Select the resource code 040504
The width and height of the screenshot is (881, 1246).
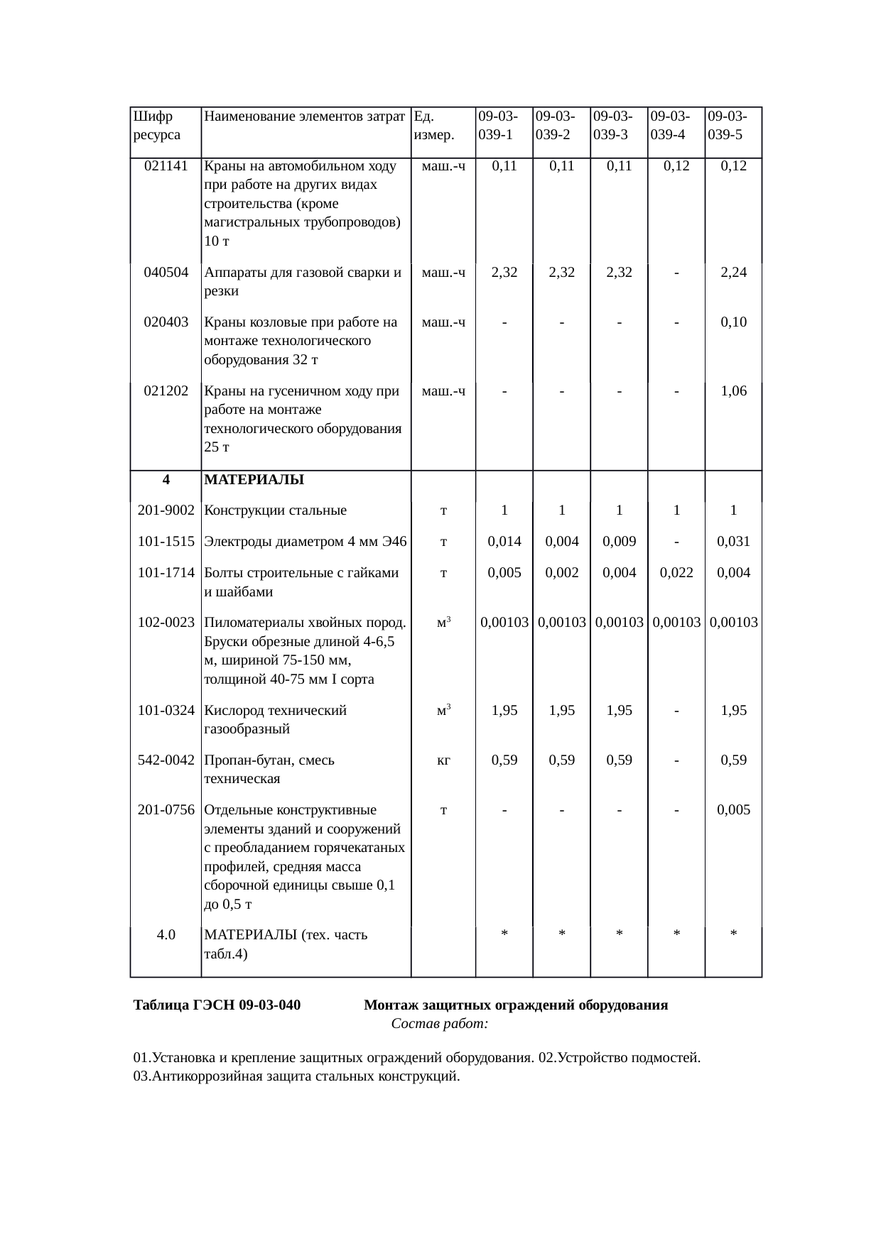click(166, 273)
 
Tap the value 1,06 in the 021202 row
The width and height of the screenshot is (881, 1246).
click(733, 391)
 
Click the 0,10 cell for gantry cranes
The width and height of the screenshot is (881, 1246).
click(733, 322)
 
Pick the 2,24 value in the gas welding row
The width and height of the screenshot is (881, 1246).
click(733, 273)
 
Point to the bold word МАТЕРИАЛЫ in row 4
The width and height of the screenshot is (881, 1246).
click(254, 480)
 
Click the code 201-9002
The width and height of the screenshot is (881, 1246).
click(166, 510)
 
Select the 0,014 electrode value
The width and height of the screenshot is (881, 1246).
click(504, 542)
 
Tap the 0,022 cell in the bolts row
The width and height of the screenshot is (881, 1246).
click(676, 573)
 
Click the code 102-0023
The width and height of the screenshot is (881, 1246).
click(166, 623)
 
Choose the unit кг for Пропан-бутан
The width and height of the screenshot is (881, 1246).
click(443, 760)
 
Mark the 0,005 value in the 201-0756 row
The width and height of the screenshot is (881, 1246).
click(733, 810)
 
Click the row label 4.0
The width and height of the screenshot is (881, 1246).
click(166, 935)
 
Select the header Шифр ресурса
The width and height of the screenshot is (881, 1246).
click(156, 124)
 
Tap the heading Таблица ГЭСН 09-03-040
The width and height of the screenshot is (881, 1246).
click(217, 1005)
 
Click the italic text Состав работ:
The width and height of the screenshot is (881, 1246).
click(439, 1024)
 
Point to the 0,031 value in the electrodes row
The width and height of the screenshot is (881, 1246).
click(733, 542)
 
